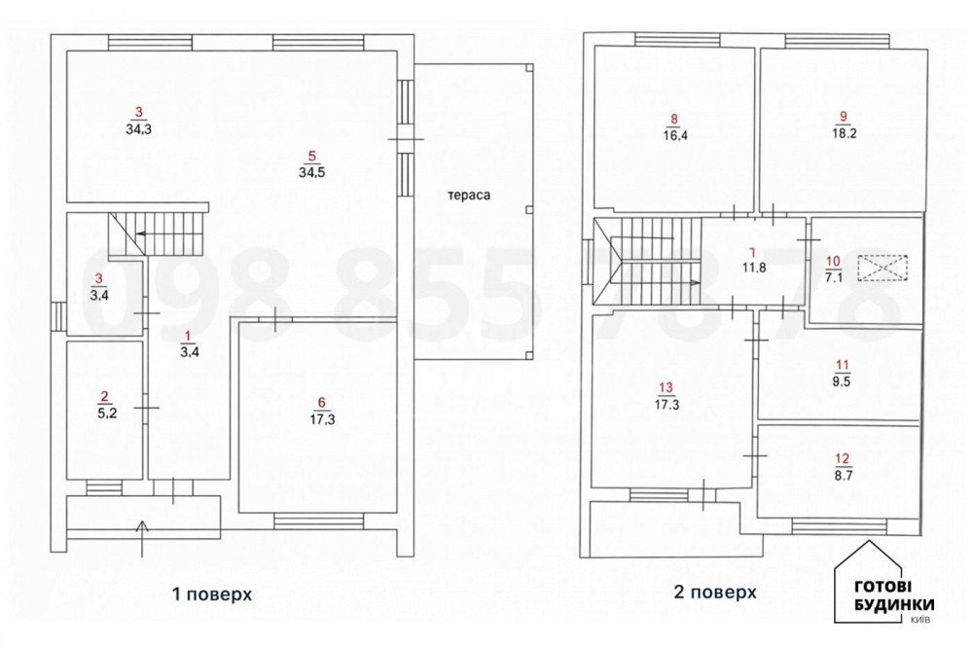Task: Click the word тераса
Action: click(x=469, y=195)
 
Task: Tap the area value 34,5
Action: click(x=311, y=172)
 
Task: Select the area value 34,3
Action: click(x=138, y=129)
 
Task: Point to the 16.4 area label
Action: click(x=674, y=135)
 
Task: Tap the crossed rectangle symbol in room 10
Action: click(x=882, y=268)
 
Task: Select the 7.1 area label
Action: click(x=834, y=277)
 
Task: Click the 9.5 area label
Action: click(x=842, y=381)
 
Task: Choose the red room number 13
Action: click(x=666, y=388)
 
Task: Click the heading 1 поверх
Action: click(x=211, y=594)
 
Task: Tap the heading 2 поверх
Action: click(x=715, y=593)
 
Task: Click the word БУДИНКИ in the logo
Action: click(x=894, y=604)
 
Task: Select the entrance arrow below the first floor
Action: click(x=143, y=538)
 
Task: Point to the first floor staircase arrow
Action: click(x=168, y=234)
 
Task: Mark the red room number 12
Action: click(x=842, y=458)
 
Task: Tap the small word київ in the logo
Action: click(x=919, y=620)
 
